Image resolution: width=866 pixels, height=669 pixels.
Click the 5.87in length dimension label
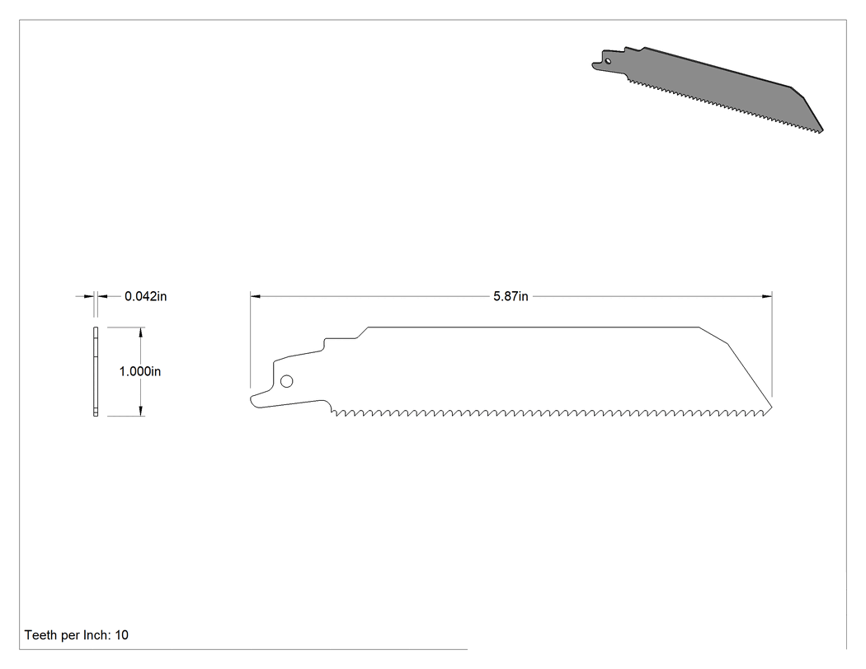coord(511,297)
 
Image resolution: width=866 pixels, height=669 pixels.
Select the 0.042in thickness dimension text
coord(145,297)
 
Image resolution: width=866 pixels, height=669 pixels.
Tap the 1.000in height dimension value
coord(139,371)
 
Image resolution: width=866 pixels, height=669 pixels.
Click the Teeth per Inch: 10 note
coord(76,635)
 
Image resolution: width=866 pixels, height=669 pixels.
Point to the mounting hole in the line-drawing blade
coord(287,381)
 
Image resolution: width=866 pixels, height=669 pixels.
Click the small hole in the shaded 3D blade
coord(608,61)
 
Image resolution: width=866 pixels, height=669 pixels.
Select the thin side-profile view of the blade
coord(96,371)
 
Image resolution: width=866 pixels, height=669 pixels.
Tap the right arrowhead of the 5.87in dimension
coord(766,297)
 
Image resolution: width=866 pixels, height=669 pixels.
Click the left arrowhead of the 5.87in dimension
coord(256,297)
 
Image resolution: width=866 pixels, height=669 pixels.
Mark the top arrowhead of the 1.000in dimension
coord(141,332)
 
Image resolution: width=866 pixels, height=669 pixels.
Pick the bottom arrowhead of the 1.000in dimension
coord(141,411)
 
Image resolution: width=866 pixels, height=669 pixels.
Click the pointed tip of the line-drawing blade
coord(771,408)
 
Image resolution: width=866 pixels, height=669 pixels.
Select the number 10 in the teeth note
coord(121,635)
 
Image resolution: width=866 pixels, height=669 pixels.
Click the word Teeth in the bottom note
coord(40,635)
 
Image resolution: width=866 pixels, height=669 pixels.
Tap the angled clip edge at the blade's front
coord(750,375)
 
